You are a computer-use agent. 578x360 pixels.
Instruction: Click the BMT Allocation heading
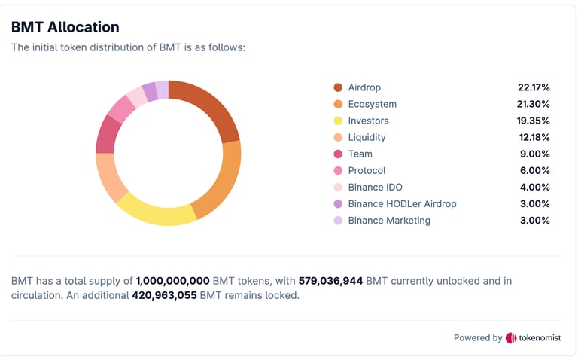pyautogui.click(x=65, y=27)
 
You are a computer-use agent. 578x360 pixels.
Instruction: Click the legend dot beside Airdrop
pyautogui.click(x=338, y=87)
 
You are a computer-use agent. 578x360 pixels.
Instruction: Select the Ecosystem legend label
pyautogui.click(x=372, y=104)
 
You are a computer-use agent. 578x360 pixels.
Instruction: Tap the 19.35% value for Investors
pyautogui.click(x=534, y=121)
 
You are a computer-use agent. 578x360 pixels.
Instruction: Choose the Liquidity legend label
pyautogui.click(x=367, y=137)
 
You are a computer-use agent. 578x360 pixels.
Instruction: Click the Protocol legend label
pyautogui.click(x=367, y=170)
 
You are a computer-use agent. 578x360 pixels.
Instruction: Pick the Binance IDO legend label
pyautogui.click(x=375, y=187)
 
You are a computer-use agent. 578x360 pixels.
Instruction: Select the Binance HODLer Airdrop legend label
pyautogui.click(x=402, y=203)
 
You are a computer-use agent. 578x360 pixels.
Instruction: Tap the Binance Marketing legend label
pyautogui.click(x=389, y=220)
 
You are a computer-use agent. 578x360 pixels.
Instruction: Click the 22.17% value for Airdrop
pyautogui.click(x=534, y=87)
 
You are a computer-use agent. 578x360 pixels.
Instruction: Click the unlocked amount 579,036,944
pyautogui.click(x=330, y=281)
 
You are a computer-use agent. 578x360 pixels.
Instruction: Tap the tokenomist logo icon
pyautogui.click(x=511, y=338)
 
